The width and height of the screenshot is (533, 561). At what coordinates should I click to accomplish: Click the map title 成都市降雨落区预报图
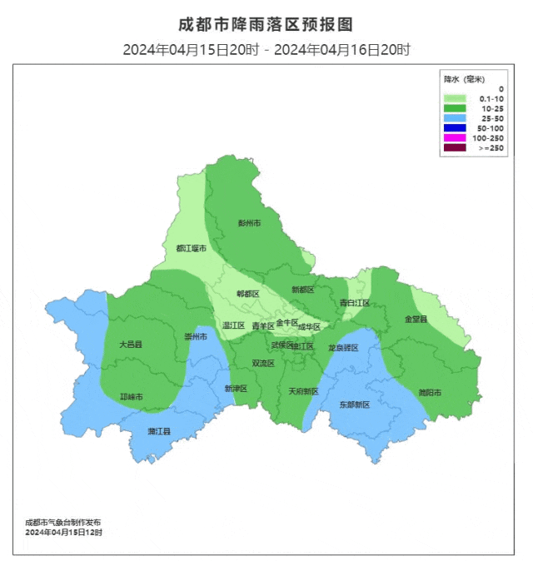coord(266,24)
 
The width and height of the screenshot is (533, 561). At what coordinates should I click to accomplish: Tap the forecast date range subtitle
coord(266,50)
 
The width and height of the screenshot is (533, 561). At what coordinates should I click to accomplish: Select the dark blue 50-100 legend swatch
coord(455,128)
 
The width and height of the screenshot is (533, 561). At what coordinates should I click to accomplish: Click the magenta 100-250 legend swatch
coord(455,138)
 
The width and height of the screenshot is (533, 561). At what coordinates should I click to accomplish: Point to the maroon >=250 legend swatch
coord(455,148)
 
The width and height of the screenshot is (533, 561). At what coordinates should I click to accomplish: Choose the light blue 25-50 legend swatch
coord(455,118)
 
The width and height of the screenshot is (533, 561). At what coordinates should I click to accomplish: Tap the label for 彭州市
coord(249,223)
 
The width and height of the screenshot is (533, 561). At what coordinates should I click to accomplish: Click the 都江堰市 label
coord(191,248)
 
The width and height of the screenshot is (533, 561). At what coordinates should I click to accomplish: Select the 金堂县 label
coord(416,319)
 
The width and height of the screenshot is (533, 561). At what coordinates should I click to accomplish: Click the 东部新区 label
coord(353,404)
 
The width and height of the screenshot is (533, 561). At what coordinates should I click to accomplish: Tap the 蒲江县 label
coord(159,431)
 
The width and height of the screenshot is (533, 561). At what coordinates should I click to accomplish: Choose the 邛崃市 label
coord(132,397)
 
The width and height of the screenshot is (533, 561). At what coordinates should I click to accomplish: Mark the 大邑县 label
coord(131,344)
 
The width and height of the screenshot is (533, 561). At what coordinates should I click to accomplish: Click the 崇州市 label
coord(195,336)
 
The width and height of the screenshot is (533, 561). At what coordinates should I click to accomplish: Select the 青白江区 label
coord(354,303)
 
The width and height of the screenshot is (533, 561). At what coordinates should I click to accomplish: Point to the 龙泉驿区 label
coord(342,347)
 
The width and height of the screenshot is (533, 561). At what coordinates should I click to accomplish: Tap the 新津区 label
coord(236,389)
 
